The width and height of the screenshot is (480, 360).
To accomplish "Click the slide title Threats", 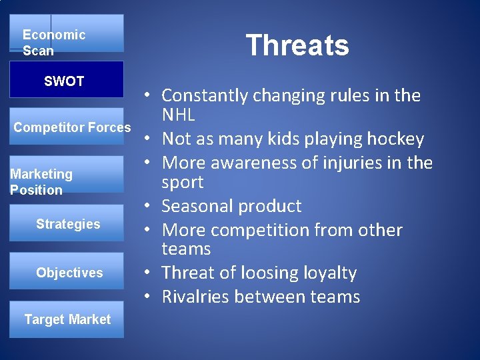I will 297,45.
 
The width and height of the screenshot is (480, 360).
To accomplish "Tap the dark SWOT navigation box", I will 66,80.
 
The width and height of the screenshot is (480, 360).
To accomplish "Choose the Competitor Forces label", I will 72,127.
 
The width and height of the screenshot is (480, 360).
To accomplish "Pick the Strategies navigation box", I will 68,224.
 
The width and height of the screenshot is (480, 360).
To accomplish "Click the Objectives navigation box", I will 69,272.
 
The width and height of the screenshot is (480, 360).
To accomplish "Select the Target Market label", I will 67,319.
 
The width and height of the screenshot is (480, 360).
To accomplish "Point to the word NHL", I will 178,115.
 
